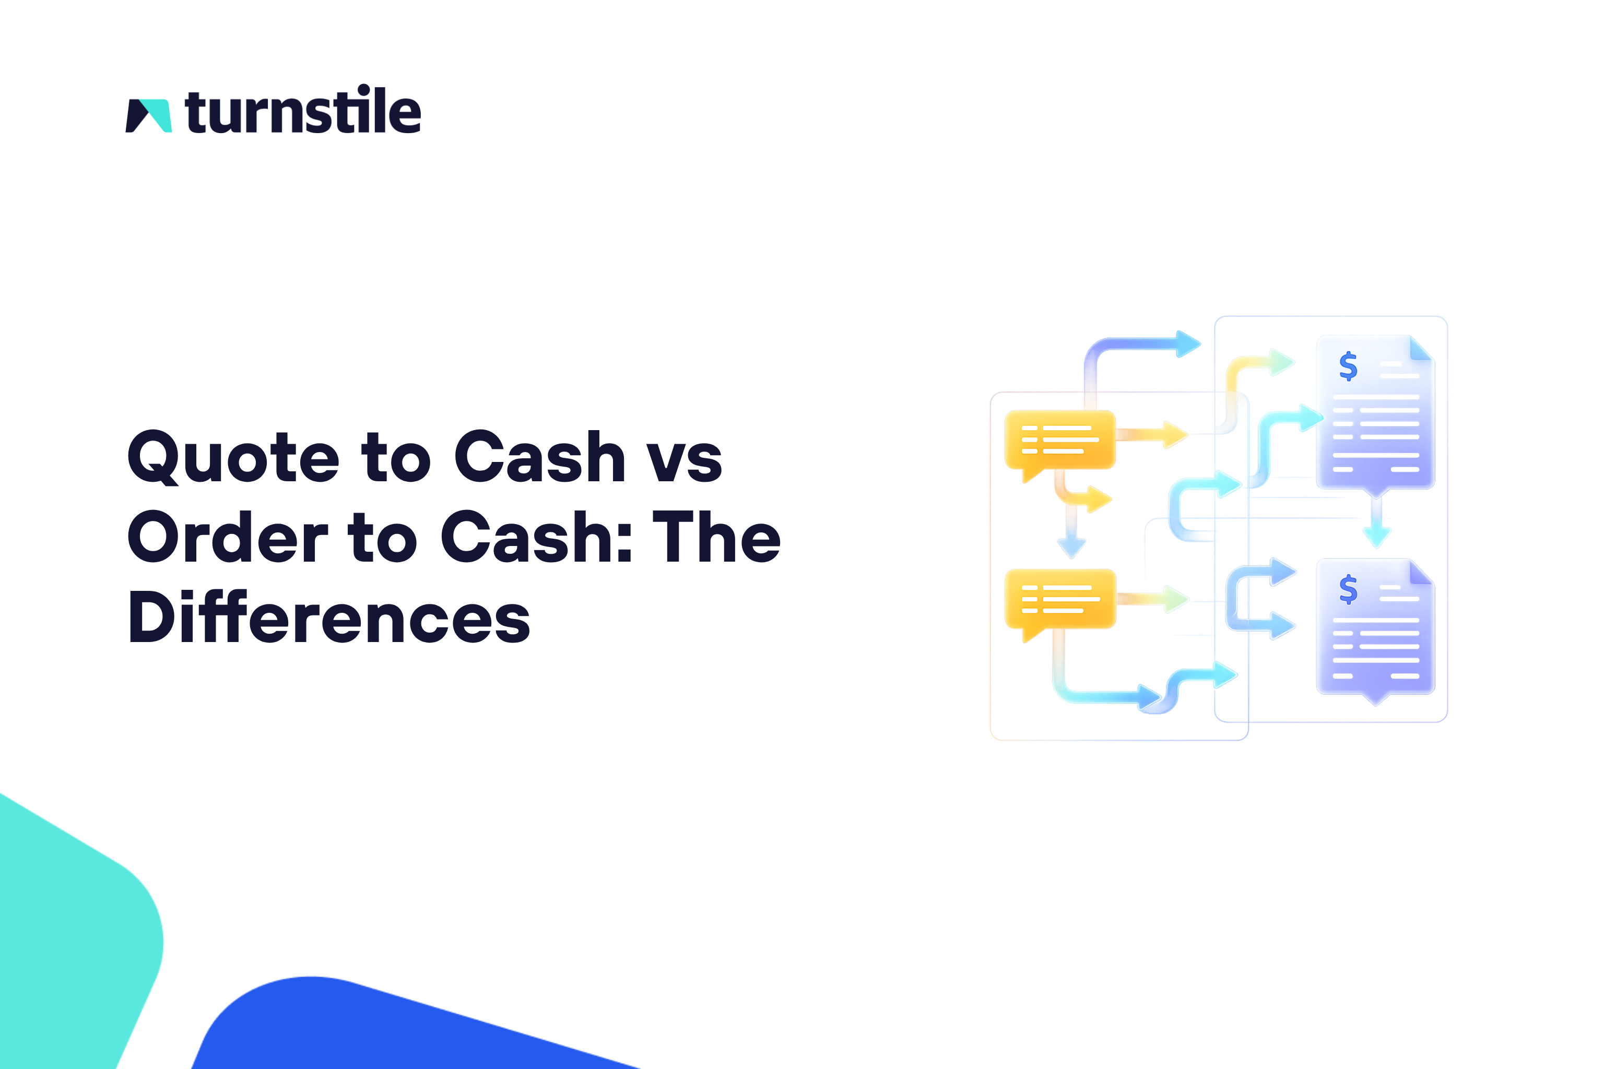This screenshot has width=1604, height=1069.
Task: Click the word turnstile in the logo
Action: tap(303, 111)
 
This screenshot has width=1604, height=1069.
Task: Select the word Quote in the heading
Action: tap(232, 457)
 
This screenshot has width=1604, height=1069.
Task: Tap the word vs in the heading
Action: tap(683, 458)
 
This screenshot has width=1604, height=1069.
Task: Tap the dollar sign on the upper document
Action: tap(1348, 366)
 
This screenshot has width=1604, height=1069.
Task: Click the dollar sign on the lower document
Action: tap(1348, 589)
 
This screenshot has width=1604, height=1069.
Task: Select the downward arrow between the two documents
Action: tap(1376, 530)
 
